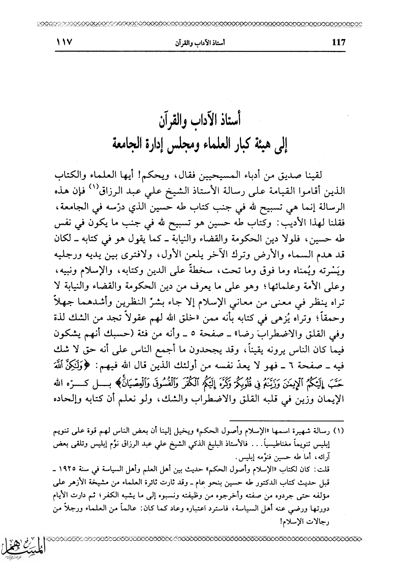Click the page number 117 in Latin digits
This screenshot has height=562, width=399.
click(x=338, y=42)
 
